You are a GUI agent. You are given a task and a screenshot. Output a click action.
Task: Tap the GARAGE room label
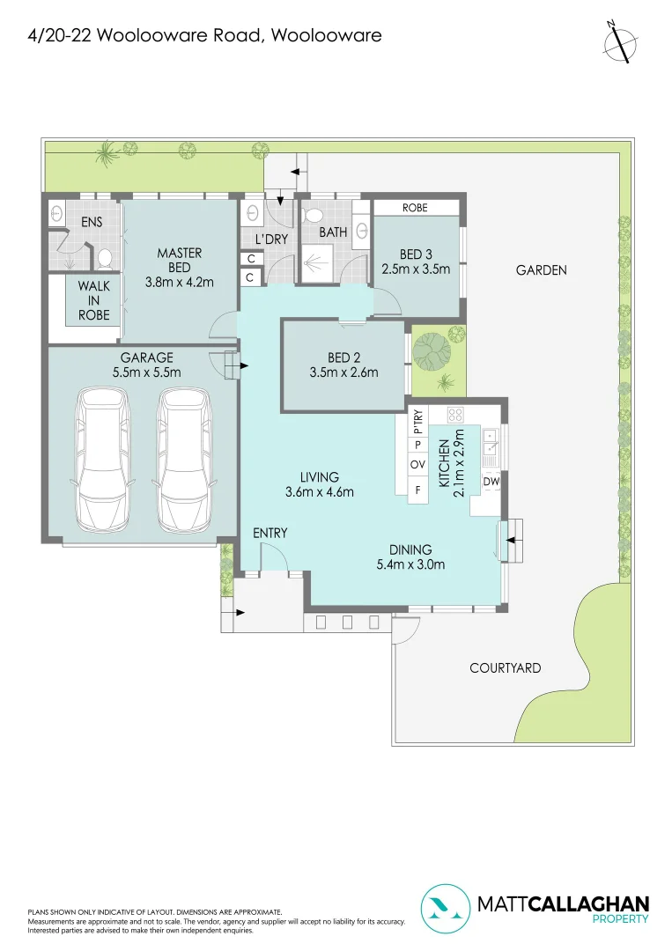[148, 358]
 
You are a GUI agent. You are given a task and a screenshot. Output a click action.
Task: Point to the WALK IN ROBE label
[93, 300]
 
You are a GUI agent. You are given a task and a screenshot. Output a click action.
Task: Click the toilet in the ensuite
[104, 257]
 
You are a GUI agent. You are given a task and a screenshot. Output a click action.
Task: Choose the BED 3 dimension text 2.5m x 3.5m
[416, 269]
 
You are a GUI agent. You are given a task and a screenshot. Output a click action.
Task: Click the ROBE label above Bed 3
[415, 208]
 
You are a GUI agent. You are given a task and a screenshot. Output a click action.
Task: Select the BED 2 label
[343, 358]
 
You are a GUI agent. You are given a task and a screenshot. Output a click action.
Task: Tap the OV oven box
[418, 465]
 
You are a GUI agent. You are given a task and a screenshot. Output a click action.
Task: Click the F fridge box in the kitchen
[418, 488]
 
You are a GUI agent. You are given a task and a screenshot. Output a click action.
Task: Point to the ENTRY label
[270, 533]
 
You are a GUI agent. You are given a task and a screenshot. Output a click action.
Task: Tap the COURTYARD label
[505, 668]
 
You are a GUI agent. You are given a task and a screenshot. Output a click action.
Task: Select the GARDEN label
[541, 270]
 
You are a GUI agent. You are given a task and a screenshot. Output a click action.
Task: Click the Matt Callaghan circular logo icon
[446, 909]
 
